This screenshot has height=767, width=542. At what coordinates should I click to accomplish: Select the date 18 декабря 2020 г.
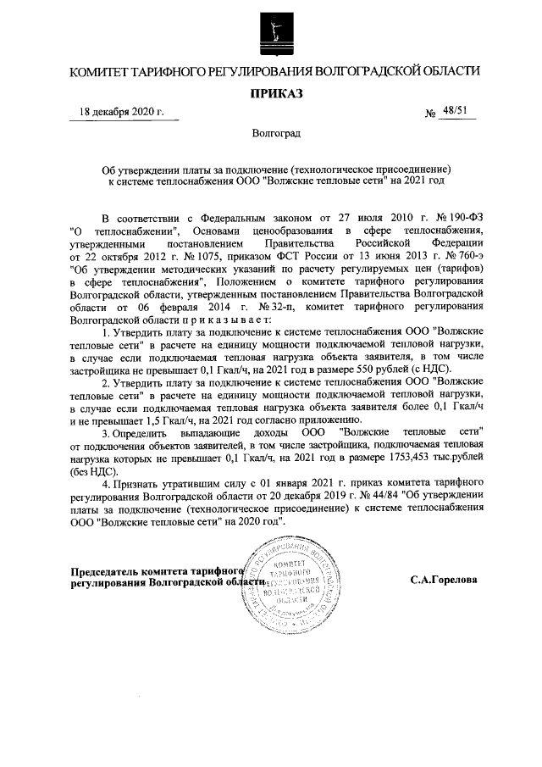click(x=121, y=112)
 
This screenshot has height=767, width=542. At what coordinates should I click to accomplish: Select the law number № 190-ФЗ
click(x=459, y=218)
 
